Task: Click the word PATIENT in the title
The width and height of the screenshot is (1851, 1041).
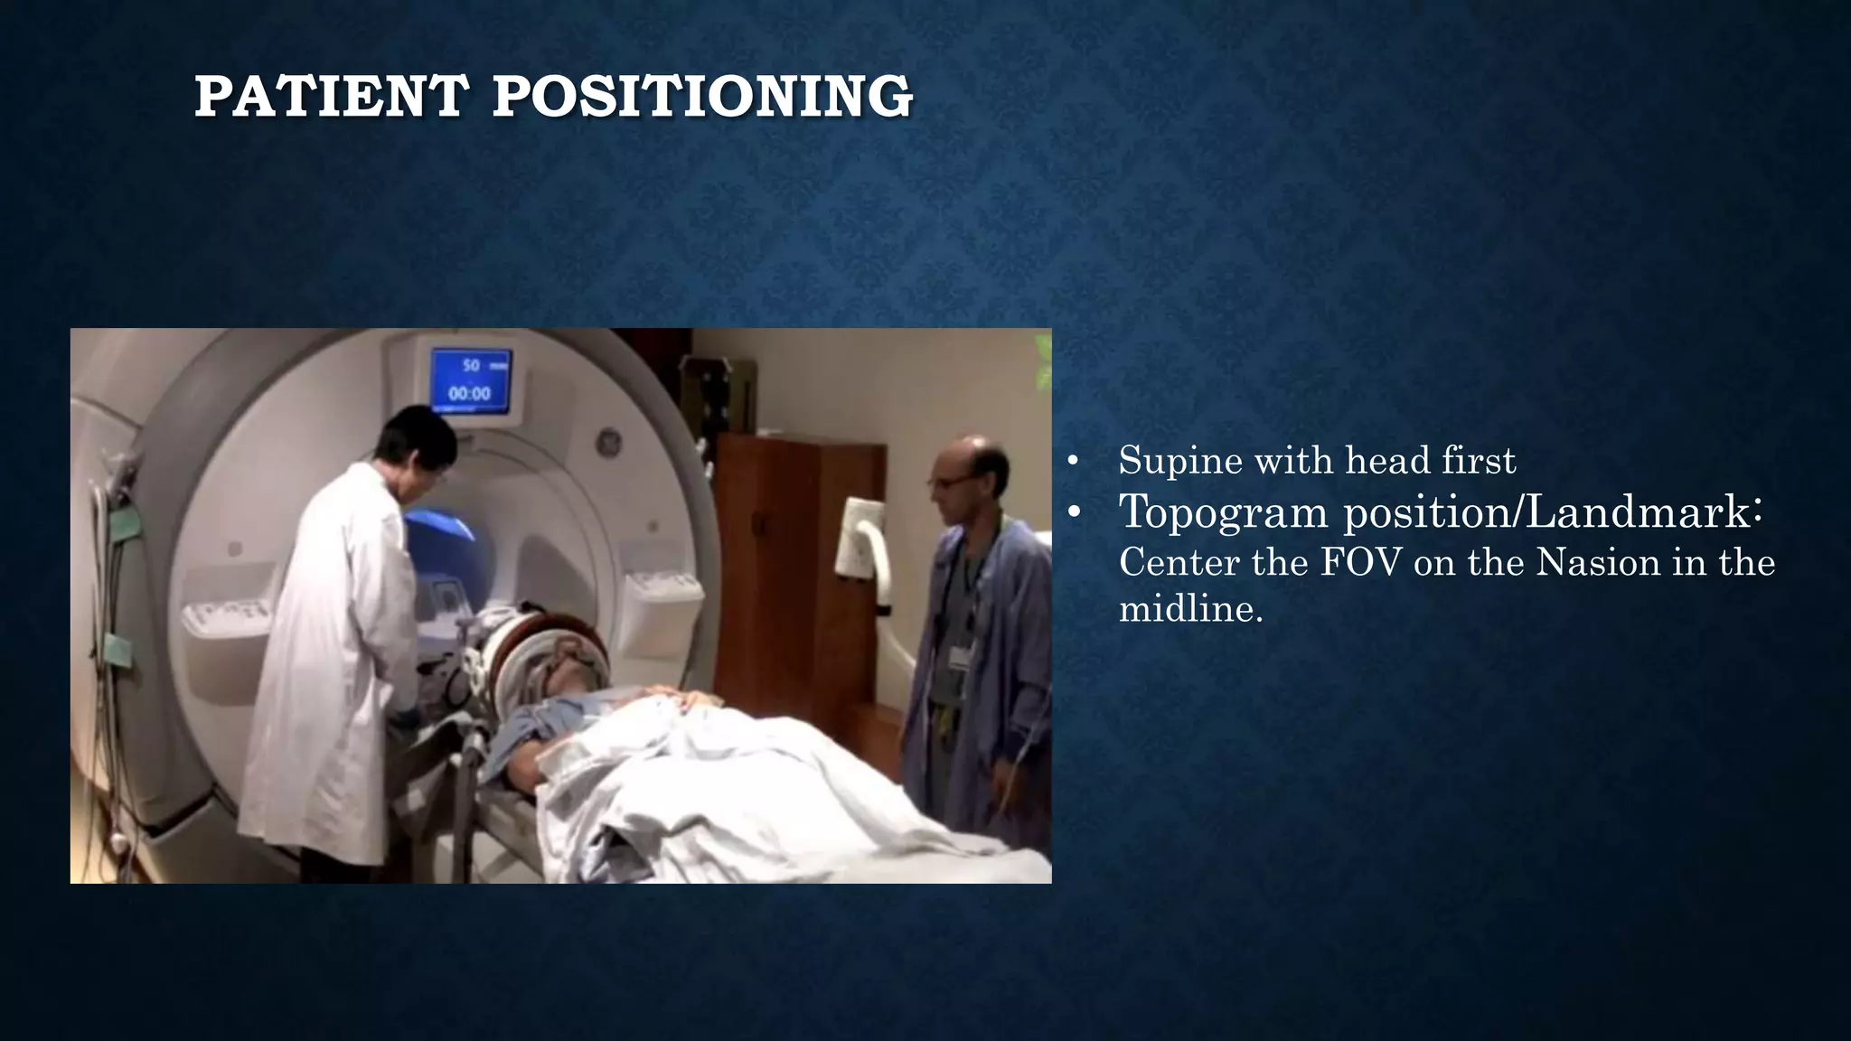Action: click(x=331, y=97)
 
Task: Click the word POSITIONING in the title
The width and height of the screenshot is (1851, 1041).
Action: click(x=702, y=97)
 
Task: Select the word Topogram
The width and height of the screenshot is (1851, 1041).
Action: click(x=1225, y=512)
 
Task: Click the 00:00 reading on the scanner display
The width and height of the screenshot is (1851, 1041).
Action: click(x=470, y=394)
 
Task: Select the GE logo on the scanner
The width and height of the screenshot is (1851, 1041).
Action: click(x=606, y=444)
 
